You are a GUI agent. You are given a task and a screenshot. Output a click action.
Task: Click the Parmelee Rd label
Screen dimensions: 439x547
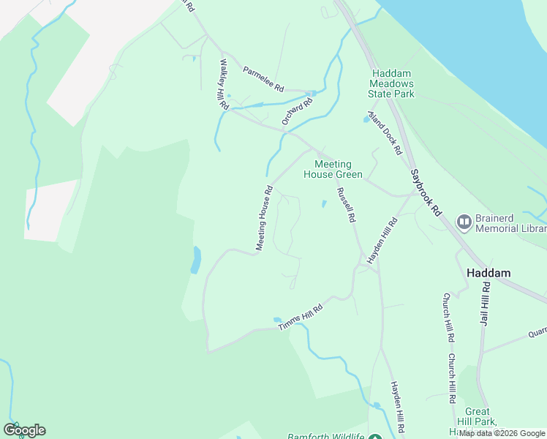coord(263,80)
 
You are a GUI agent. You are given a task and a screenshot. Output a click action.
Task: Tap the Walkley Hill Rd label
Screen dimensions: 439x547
coord(222,85)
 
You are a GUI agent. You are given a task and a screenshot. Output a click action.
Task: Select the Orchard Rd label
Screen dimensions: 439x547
coord(298,111)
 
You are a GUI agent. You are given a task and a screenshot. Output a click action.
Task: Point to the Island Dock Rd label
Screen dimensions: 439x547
coord(385,132)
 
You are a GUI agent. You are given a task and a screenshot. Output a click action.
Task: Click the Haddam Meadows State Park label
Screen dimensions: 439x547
coord(393,83)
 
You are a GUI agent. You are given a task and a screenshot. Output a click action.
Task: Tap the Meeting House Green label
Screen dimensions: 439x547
coord(333,169)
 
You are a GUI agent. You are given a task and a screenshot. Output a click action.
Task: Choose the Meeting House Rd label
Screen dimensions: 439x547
coord(264,219)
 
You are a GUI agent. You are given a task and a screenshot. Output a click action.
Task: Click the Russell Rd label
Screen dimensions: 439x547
coord(346,205)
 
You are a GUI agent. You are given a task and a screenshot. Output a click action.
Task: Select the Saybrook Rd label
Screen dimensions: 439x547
coord(426,192)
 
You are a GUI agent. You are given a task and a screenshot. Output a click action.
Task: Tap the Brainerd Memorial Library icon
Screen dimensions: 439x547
coord(464,220)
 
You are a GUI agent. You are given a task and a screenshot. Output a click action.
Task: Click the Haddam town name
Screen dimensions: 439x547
coord(488,272)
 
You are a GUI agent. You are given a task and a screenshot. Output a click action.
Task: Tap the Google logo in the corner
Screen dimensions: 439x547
coord(24,430)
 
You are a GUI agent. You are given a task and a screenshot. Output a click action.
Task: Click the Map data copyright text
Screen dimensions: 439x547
coord(502,434)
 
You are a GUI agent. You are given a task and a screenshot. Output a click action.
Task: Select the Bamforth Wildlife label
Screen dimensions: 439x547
coord(325,436)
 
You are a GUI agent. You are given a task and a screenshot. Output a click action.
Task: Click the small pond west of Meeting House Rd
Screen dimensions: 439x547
coord(195,259)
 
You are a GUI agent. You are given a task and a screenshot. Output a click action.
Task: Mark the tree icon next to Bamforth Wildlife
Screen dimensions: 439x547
coord(374,437)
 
